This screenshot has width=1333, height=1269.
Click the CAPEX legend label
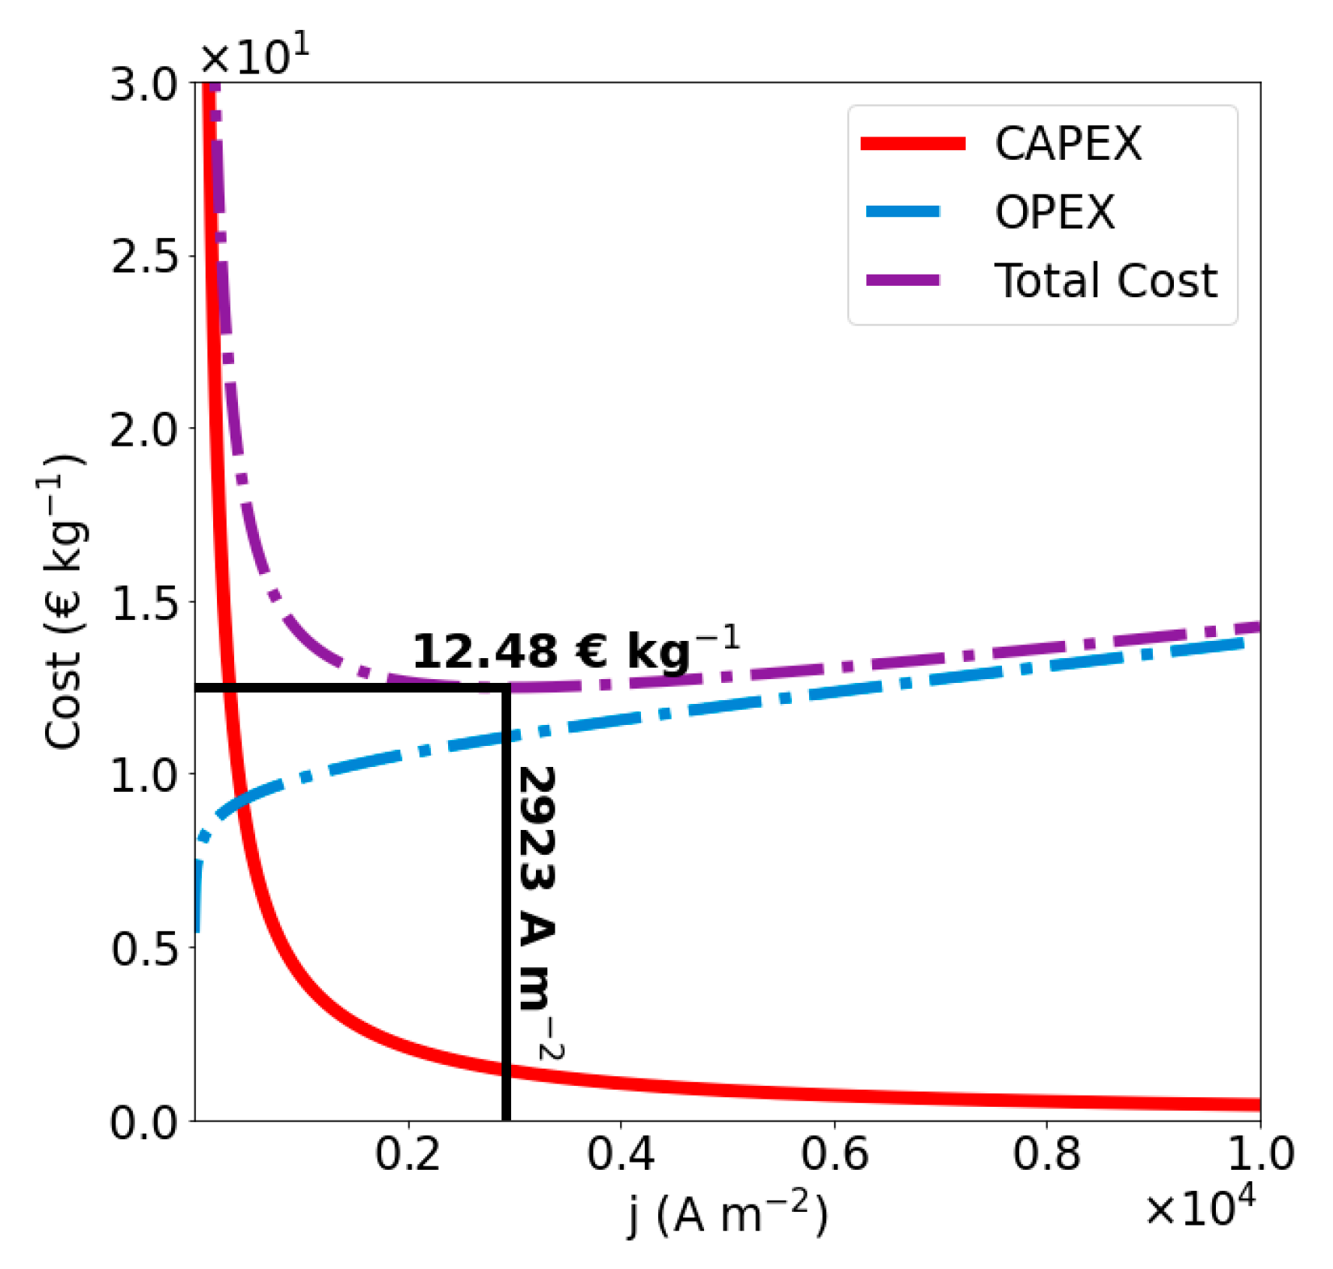(1067, 143)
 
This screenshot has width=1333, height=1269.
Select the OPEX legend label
(1055, 212)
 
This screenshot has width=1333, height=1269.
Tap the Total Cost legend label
(1105, 281)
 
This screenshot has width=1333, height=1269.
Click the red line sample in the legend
(913, 143)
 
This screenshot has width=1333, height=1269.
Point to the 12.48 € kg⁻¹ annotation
(576, 649)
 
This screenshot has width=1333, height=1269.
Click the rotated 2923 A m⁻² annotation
(539, 912)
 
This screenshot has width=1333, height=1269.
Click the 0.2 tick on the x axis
(408, 1154)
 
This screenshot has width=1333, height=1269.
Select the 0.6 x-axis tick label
(834, 1154)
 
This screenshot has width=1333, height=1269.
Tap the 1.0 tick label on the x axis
(1260, 1154)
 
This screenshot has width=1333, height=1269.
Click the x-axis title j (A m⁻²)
(727, 1213)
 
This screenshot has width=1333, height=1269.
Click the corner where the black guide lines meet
(506, 687)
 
